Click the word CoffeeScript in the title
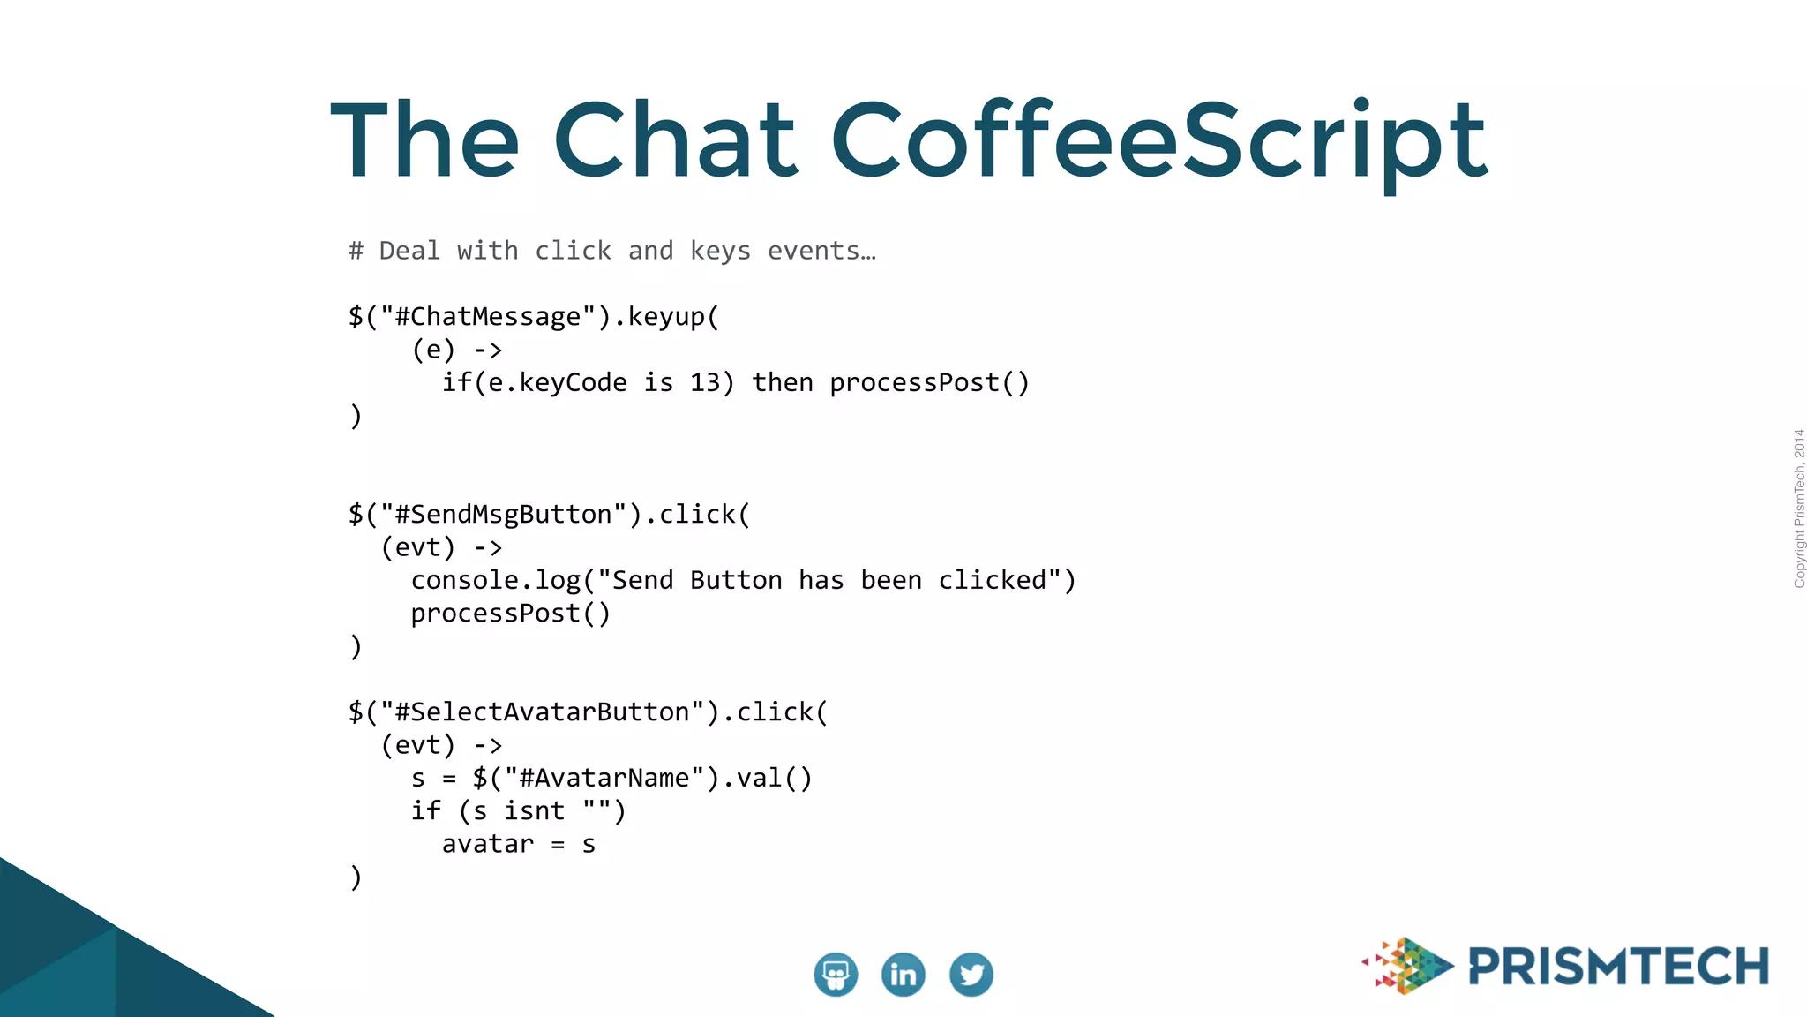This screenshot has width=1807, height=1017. [1158, 141]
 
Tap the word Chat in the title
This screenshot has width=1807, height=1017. [675, 141]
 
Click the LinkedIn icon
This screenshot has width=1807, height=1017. [903, 975]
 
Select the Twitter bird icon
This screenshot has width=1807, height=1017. [971, 975]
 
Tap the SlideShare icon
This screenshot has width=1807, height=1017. [836, 975]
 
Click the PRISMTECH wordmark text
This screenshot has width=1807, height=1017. [1618, 967]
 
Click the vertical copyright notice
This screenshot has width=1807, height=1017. [1799, 508]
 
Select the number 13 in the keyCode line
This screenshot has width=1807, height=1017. [705, 383]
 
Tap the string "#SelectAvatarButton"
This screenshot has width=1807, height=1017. [542, 712]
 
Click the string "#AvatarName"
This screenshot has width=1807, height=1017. [604, 779]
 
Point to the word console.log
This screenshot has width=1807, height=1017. [495, 581]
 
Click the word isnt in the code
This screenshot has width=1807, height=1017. [534, 811]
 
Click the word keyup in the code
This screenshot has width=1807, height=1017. [666, 317]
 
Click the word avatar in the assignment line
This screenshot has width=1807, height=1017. [488, 845]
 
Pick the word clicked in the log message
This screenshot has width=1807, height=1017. [992, 581]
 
